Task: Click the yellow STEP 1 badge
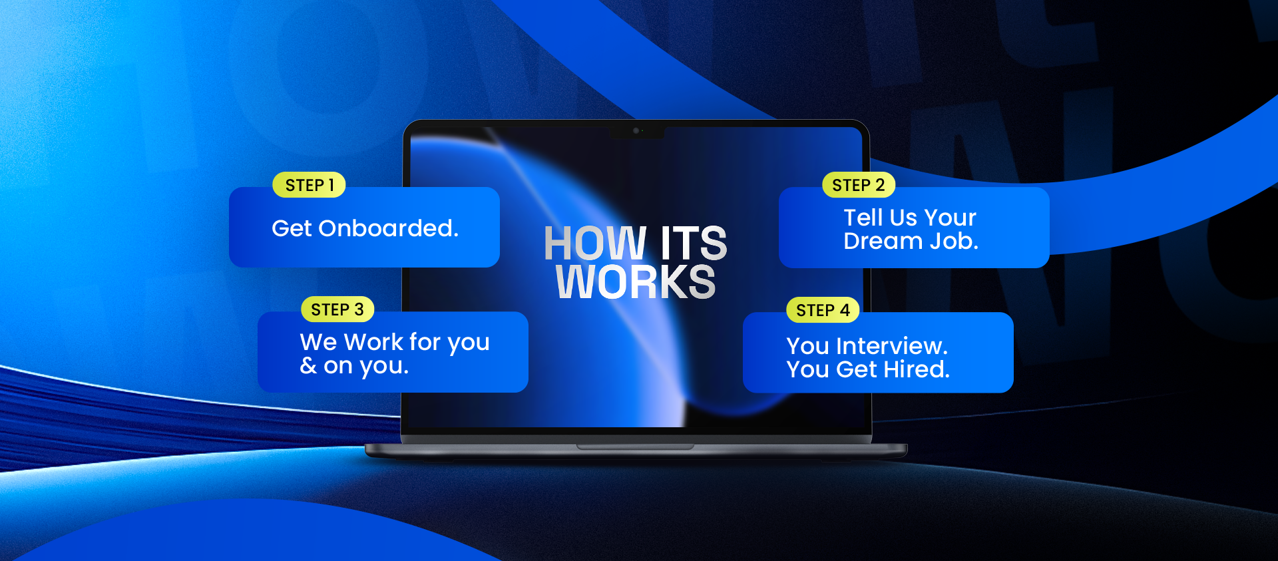coord(309,185)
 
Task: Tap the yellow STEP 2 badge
coord(859,185)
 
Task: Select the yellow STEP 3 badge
coord(337,309)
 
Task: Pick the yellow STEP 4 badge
coord(823,310)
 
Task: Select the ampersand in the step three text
coord(308,365)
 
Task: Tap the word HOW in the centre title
coord(595,243)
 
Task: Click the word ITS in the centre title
coord(694,243)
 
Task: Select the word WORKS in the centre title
coord(636,281)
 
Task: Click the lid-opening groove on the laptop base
coord(635,447)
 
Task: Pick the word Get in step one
coord(292,228)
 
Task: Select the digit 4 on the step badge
coord(845,310)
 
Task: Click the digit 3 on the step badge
coord(359,309)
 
